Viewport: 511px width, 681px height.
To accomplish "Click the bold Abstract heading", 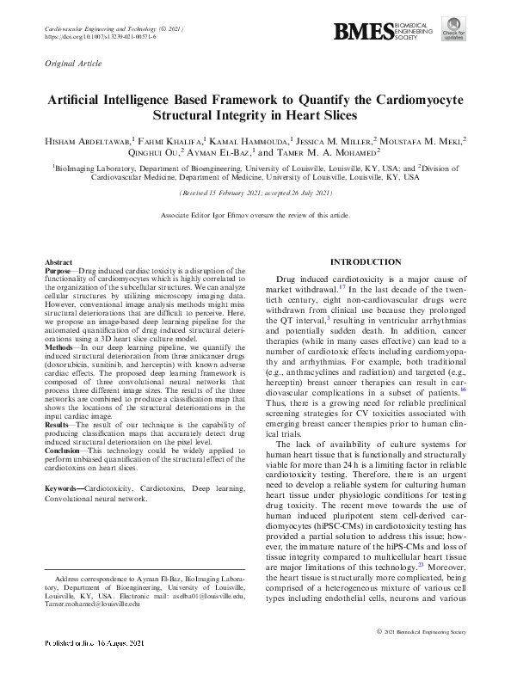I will point(58,261).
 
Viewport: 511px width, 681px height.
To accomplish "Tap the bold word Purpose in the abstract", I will point(60,270).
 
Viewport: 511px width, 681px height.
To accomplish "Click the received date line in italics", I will point(255,194).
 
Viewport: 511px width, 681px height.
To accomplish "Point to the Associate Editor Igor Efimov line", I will point(255,214).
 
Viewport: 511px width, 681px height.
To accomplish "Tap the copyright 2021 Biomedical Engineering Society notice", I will point(421,655).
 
